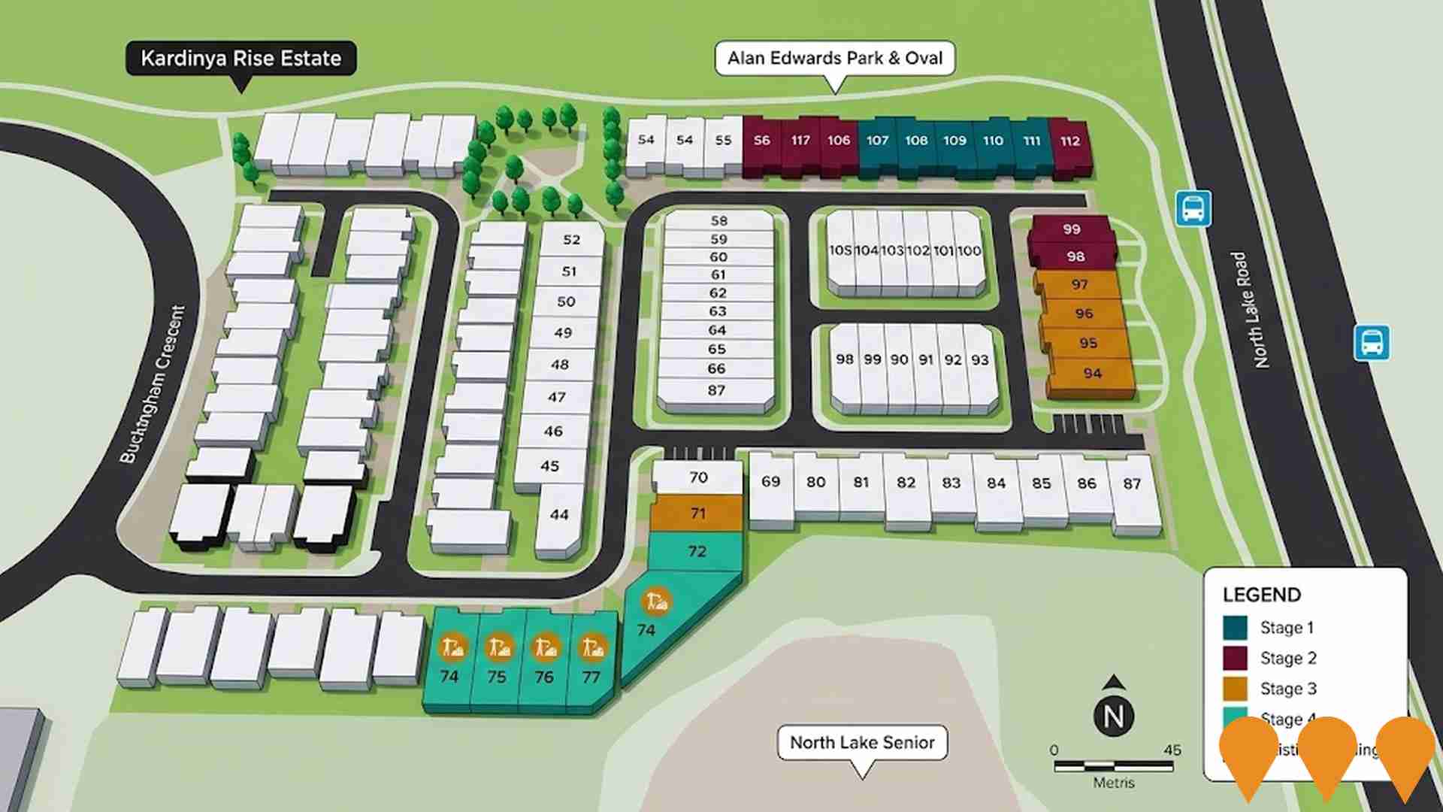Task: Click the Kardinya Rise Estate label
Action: [240, 58]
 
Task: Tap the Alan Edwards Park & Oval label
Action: [834, 58]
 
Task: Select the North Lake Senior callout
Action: [862, 743]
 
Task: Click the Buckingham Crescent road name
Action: [153, 383]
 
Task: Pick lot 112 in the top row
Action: [1069, 141]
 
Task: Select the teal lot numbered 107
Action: [877, 141]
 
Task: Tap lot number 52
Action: [572, 240]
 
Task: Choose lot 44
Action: [559, 515]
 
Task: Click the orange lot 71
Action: [697, 514]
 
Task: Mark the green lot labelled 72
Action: [697, 551]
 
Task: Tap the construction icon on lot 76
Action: [545, 647]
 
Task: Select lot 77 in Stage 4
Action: [591, 677]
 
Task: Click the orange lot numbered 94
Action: [1092, 374]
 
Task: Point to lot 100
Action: [970, 251]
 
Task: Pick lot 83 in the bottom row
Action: [951, 483]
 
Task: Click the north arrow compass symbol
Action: [1114, 707]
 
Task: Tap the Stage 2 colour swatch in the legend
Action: [1235, 658]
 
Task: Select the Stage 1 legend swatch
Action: [1235, 628]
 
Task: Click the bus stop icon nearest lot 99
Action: [1193, 208]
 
